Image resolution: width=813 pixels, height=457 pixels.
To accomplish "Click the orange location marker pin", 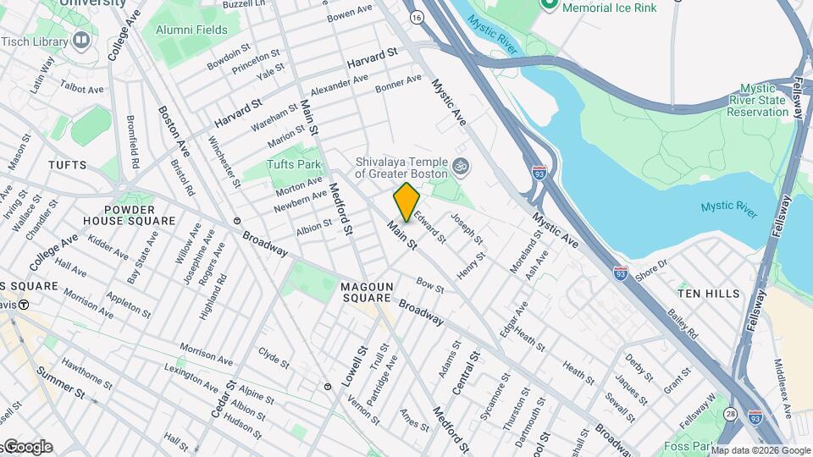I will (406, 202).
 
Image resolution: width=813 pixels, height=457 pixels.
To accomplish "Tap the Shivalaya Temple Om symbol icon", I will (460, 166).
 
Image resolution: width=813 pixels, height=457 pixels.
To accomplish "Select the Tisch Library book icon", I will (81, 40).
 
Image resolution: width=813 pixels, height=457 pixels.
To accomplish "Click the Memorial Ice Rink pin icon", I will (549, 5).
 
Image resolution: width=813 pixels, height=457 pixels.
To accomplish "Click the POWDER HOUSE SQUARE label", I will (140, 215).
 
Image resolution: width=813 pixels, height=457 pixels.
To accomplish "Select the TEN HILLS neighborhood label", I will (708, 293).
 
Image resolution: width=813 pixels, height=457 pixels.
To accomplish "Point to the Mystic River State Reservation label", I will (752, 100).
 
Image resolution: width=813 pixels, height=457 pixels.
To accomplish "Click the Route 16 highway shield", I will (415, 17).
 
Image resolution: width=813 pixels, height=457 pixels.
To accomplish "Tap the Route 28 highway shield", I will (729, 414).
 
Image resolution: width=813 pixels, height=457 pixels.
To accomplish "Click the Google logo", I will (27, 446).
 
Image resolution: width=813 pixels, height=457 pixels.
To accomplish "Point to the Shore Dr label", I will (651, 270).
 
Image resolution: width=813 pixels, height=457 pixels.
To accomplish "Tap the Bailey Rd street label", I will (681, 322).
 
